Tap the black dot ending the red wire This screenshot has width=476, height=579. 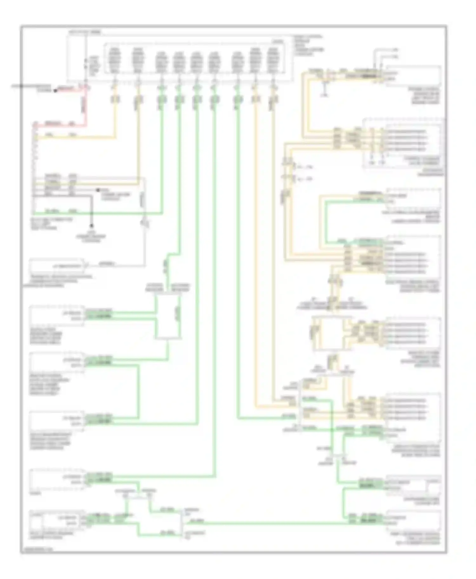[x=55, y=91]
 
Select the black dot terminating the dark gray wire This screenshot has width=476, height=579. [x=91, y=226]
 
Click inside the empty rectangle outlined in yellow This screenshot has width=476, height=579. [x=332, y=334]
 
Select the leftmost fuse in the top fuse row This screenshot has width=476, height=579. [x=114, y=60]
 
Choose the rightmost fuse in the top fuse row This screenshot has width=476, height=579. [x=273, y=60]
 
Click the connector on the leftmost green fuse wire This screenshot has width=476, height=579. [x=162, y=99]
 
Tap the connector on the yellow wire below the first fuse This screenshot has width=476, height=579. [x=115, y=99]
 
